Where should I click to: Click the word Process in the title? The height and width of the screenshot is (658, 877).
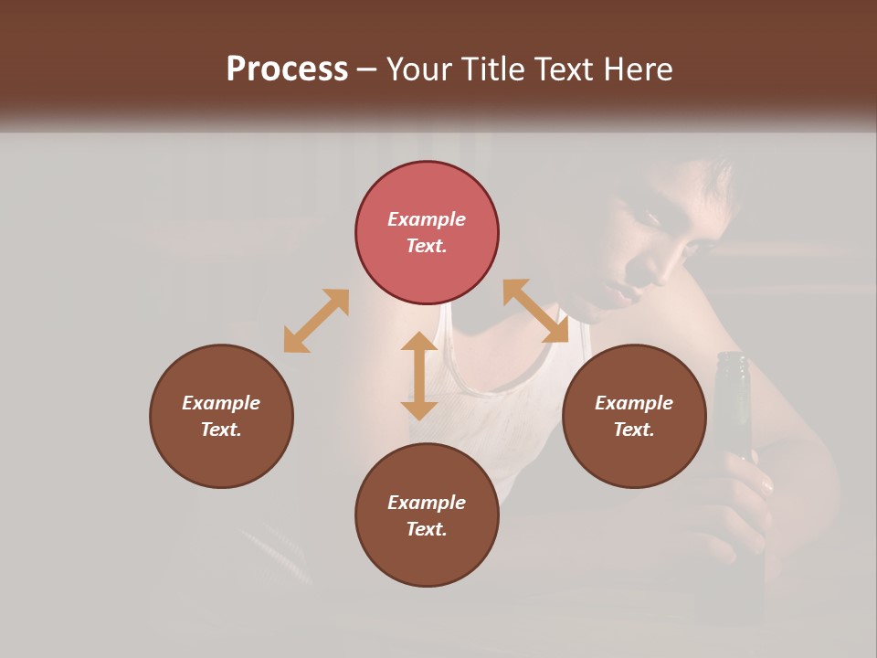(x=287, y=69)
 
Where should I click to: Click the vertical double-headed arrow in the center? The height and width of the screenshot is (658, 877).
(x=419, y=376)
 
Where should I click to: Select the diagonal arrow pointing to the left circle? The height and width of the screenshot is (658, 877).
(x=316, y=321)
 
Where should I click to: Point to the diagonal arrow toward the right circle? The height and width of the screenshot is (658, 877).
(x=536, y=312)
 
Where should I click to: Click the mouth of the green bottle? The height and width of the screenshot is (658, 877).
(x=733, y=358)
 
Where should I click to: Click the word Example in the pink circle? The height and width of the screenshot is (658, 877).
(x=427, y=219)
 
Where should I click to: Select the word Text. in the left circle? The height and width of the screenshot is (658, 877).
(x=221, y=430)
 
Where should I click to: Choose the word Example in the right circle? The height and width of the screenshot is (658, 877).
(x=634, y=403)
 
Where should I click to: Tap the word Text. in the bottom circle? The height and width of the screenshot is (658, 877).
(x=427, y=529)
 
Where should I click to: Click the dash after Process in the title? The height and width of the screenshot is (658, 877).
(x=367, y=69)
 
